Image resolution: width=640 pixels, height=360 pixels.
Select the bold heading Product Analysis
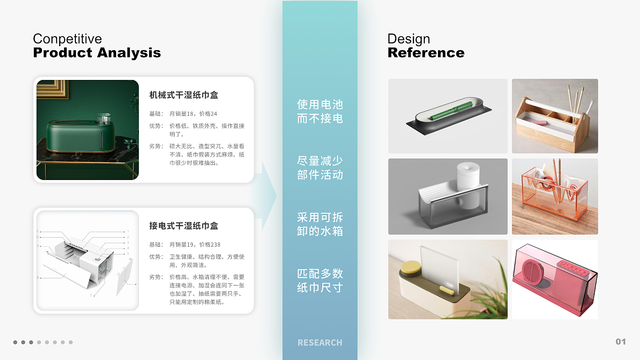point(97,53)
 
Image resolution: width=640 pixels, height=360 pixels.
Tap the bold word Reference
point(426,53)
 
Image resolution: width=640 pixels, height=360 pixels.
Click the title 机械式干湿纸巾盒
point(184,95)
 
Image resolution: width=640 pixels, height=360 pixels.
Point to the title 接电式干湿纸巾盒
point(184,226)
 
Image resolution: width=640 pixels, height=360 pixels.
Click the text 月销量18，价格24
point(193,114)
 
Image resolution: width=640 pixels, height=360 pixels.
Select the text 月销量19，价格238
point(195,245)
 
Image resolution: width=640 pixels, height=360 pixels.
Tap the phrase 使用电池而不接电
point(320,111)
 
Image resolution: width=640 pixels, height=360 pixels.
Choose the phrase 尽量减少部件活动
point(320,168)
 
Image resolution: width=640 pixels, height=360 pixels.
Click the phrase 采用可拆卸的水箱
point(320,224)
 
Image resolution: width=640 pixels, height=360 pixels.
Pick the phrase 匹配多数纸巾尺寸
point(320,281)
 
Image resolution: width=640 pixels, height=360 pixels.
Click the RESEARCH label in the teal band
point(320,343)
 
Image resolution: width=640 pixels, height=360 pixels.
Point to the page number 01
point(621,342)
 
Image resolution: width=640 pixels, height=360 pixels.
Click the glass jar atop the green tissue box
point(103,118)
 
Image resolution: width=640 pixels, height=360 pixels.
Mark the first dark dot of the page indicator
point(15,342)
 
